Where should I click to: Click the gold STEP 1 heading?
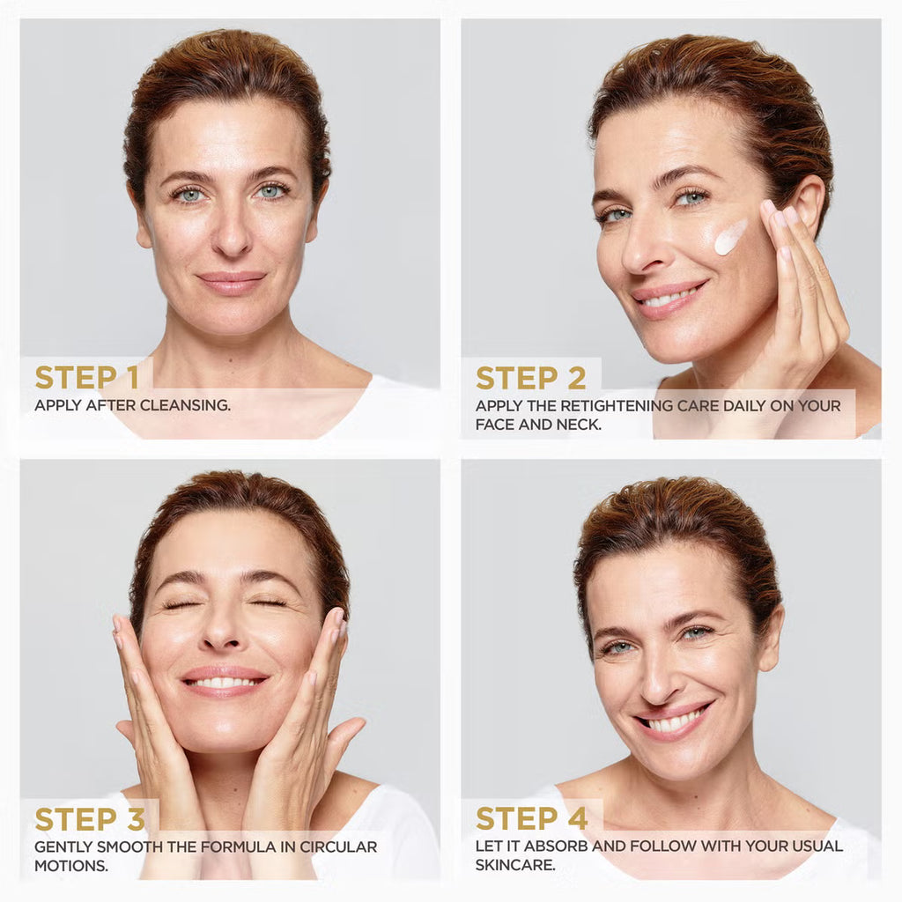tap(87, 377)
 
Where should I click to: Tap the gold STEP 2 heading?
tap(531, 378)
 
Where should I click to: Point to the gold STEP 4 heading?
tap(532, 818)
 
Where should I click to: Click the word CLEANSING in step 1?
tap(185, 405)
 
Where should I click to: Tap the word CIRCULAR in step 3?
tap(339, 847)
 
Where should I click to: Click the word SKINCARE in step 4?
tap(515, 865)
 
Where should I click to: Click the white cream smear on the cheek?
tap(730, 236)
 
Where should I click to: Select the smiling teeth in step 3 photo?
tap(224, 683)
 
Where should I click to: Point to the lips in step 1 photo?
tap(232, 283)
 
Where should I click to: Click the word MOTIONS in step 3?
tap(70, 865)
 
